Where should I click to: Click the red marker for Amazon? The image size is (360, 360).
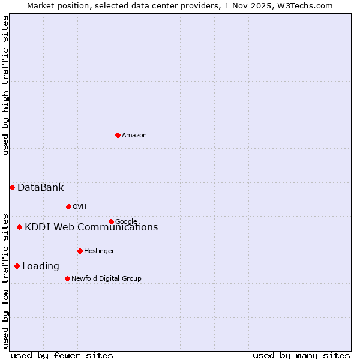pyautogui.click(x=118, y=135)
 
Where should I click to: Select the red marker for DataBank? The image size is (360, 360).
pyautogui.click(x=12, y=187)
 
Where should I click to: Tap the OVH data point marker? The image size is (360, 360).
pyautogui.click(x=68, y=206)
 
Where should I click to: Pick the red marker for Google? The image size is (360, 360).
pyautogui.click(x=111, y=221)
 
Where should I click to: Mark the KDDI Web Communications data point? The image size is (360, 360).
pyautogui.click(x=19, y=227)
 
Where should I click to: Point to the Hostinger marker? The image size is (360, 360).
pyautogui.click(x=80, y=251)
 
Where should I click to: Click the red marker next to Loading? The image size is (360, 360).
pyautogui.click(x=17, y=266)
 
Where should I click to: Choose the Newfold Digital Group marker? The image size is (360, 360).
pyautogui.click(x=67, y=278)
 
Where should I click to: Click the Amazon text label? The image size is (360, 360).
pyautogui.click(x=134, y=136)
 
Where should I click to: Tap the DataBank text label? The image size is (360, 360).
pyautogui.click(x=40, y=188)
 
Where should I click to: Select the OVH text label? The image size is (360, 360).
pyautogui.click(x=80, y=207)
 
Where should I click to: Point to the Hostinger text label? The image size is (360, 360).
pyautogui.click(x=99, y=251)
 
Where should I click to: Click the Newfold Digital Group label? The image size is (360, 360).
pyautogui.click(x=106, y=279)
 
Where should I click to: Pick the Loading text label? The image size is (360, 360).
pyautogui.click(x=41, y=266)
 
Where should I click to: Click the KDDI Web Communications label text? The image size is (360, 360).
pyautogui.click(x=91, y=227)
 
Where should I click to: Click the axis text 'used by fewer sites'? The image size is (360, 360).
pyautogui.click(x=62, y=355)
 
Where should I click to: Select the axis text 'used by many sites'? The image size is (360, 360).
pyautogui.click(x=301, y=355)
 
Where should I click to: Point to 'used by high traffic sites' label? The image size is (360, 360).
pyautogui.click(x=5, y=85)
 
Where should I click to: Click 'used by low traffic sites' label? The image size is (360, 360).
pyautogui.click(x=5, y=280)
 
